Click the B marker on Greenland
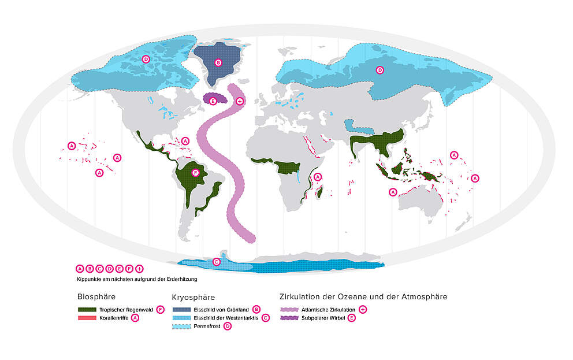point(218,62)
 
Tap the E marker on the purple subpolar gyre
point(213,101)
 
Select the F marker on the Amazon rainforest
point(195,172)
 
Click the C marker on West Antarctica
point(217,262)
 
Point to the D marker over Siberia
point(380,70)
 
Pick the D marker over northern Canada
point(146,59)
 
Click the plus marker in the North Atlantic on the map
point(240,101)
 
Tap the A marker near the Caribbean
point(185,141)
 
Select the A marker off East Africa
point(317,177)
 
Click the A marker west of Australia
point(393,192)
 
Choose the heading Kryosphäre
point(193,297)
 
